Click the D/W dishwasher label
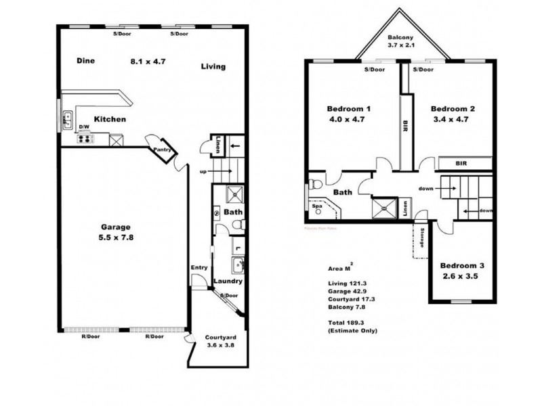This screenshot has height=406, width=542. coord(85,127)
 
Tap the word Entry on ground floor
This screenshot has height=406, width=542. coord(199,267)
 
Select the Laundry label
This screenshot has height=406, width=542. coord(228,281)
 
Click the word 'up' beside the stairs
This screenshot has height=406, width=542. coord(203,171)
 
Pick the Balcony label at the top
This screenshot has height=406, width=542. coord(400,38)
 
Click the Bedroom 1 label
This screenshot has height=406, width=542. coord(349,109)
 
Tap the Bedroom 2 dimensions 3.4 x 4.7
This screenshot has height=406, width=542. coord(450,119)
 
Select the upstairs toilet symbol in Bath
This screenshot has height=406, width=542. coord(316,184)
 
